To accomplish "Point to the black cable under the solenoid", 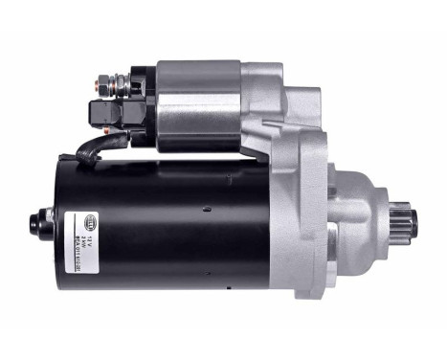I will click(x=101, y=146).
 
